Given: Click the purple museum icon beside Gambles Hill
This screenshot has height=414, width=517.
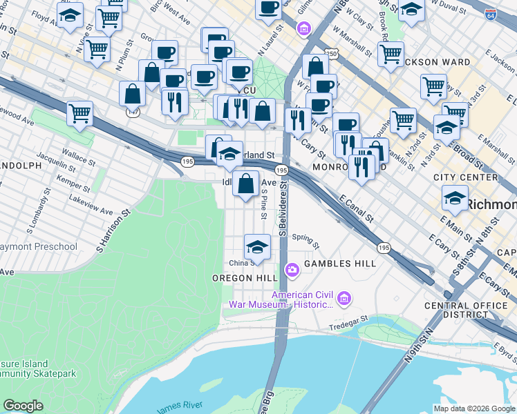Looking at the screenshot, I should pyautogui.click(x=292, y=269).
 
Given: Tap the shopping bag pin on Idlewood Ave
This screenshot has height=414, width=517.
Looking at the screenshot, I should pyautogui.click(x=246, y=184).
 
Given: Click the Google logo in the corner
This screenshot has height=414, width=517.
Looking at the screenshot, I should pyautogui.click(x=23, y=406).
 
